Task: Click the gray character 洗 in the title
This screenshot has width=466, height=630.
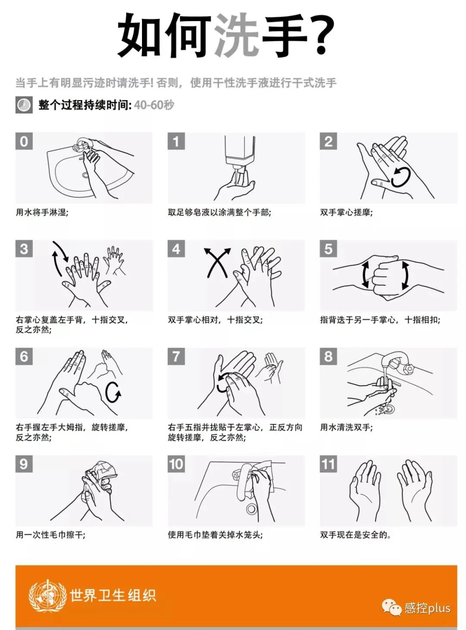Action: pos(237,35)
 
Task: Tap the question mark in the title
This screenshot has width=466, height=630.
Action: pos(322,34)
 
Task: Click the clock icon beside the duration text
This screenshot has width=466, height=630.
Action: pos(24,105)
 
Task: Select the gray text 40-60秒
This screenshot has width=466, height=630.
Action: pos(154,105)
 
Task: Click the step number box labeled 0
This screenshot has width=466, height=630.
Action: pos(24,141)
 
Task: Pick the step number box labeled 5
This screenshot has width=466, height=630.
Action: pos(328,248)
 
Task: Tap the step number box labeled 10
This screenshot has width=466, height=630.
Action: pos(176,464)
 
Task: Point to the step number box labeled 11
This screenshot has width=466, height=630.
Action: pos(328,464)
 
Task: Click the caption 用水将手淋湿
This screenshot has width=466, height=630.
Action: pos(41,212)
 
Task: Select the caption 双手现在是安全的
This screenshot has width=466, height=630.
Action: pos(356,535)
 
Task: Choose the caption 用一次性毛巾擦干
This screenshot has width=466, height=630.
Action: pos(50,535)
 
